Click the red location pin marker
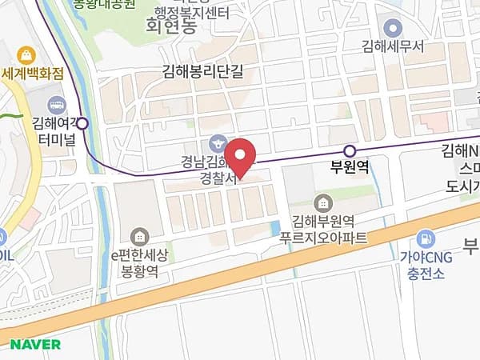coord(238,157)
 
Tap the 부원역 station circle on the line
coord(349,151)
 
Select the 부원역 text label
coord(350,169)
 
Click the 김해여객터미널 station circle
coord(82,124)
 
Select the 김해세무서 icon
coord(391,28)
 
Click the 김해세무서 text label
coord(392,47)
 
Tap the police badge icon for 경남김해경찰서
coord(215,145)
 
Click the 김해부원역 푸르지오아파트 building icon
coord(322,201)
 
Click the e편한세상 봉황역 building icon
coord(140,236)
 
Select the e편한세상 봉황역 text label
coord(139,263)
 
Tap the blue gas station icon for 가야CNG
coord(426,238)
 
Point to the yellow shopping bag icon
coord(26,55)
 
